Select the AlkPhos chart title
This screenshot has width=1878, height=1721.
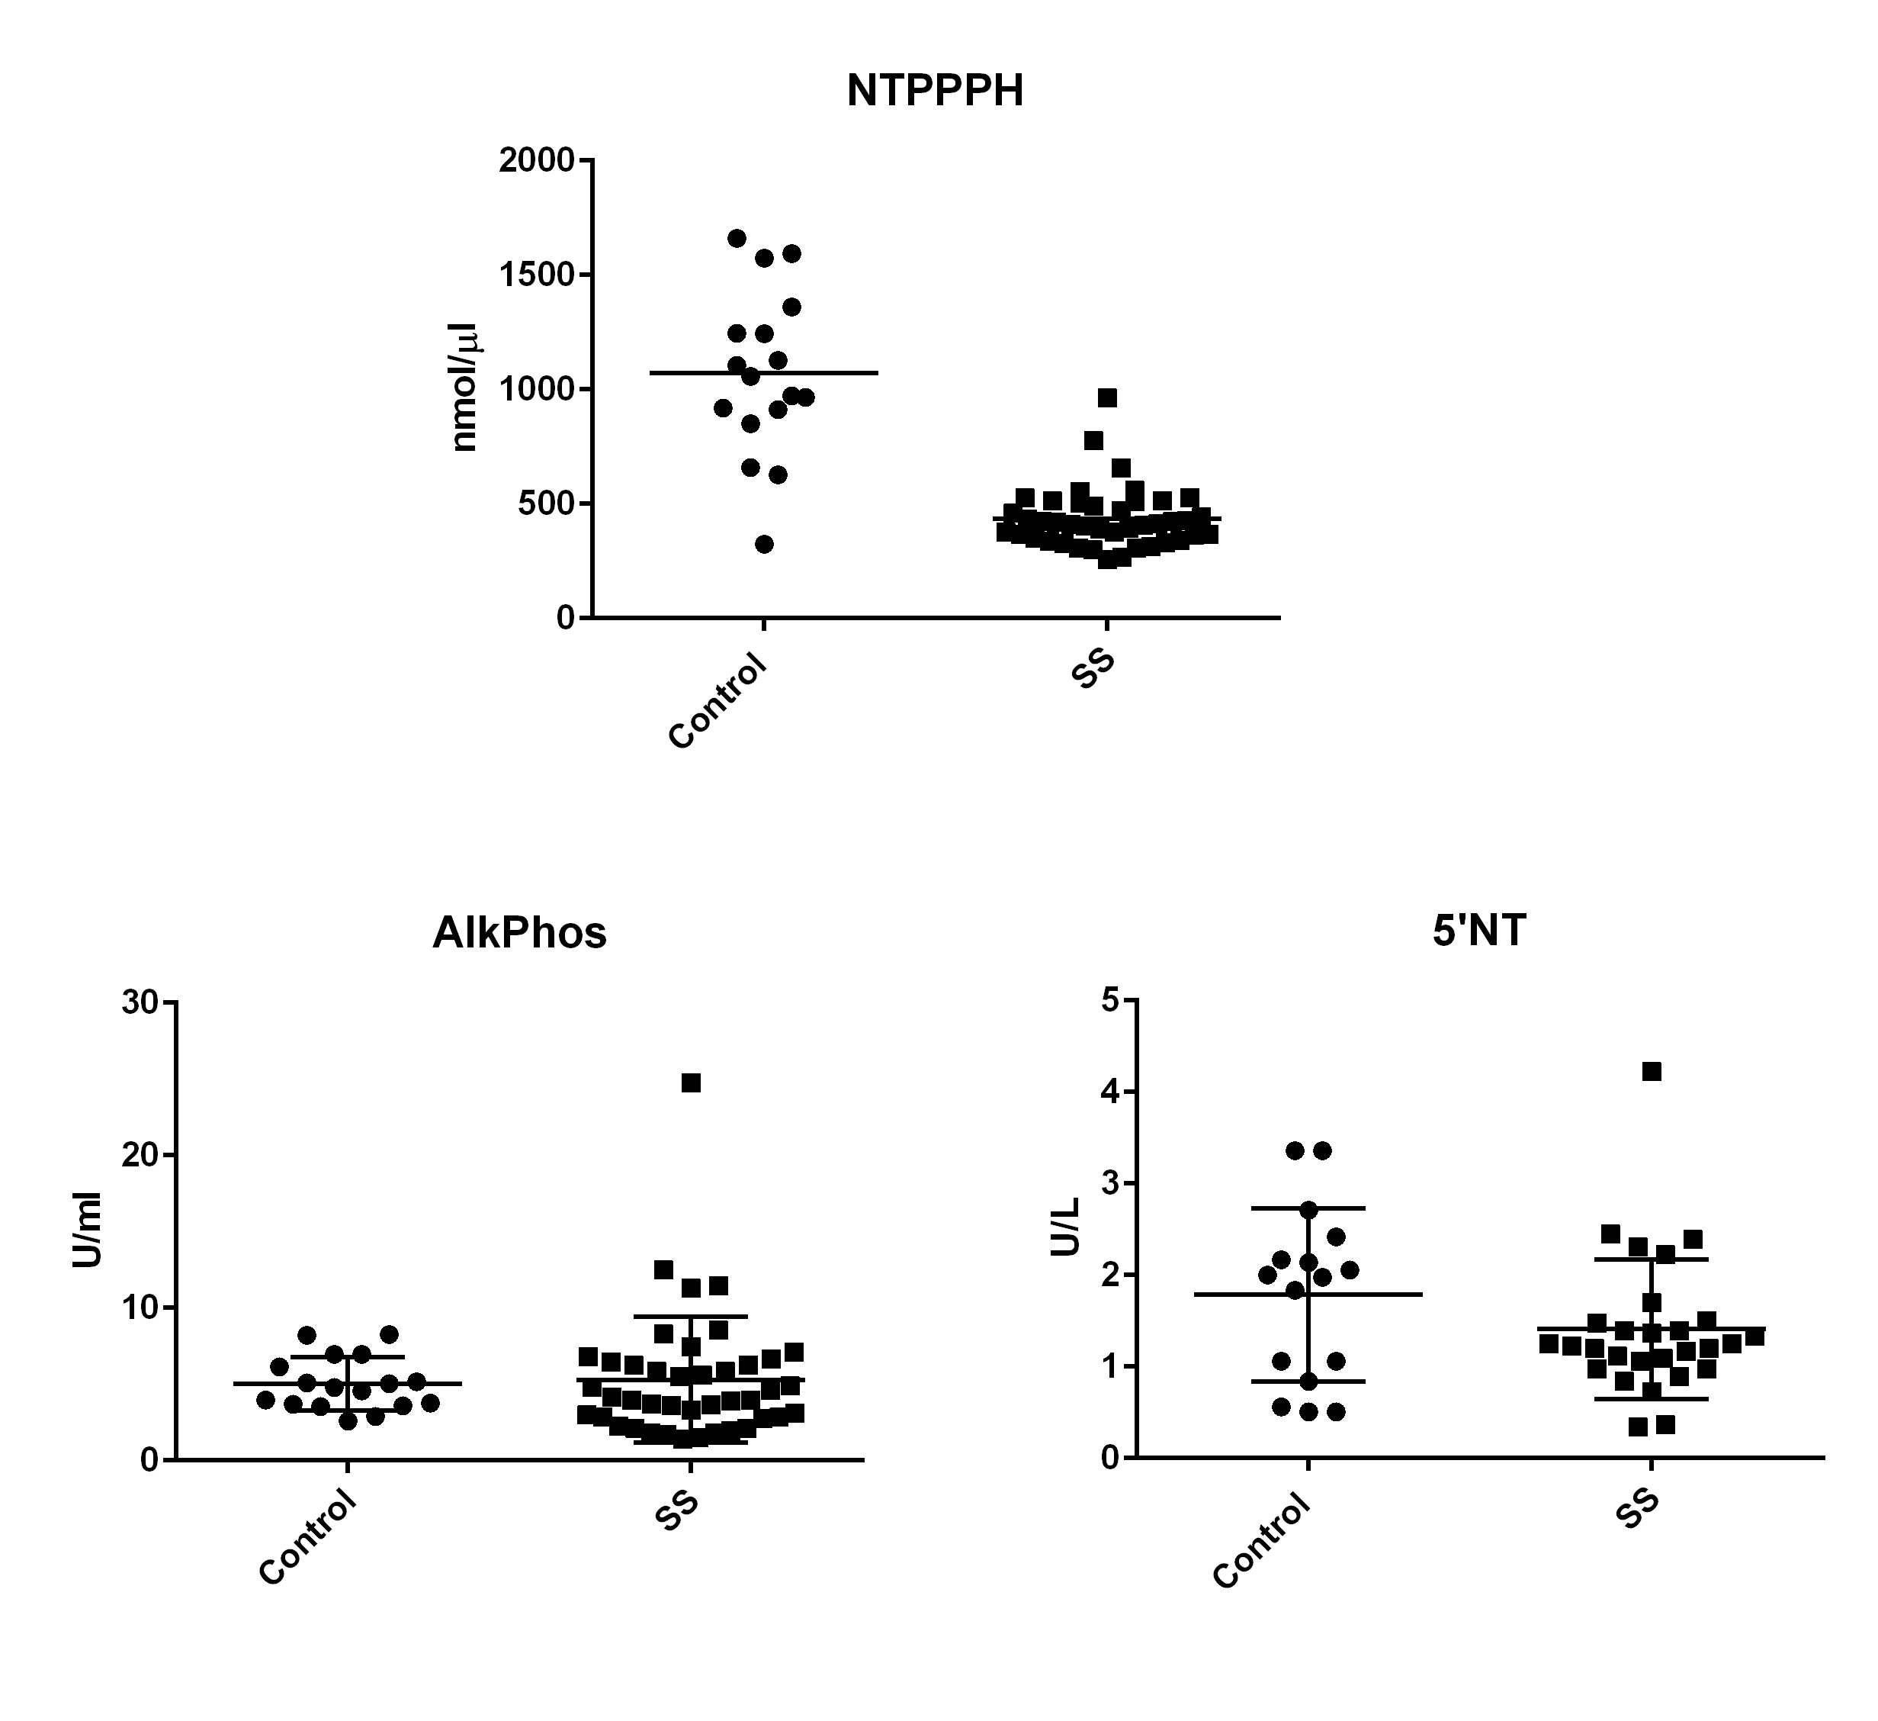519,933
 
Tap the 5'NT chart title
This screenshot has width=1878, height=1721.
1478,931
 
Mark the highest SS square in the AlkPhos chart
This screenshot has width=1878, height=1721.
690,1082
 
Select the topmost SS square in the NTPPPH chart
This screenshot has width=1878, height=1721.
1106,398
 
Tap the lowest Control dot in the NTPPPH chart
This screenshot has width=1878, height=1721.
764,544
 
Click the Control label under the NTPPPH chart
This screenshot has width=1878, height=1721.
718,702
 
